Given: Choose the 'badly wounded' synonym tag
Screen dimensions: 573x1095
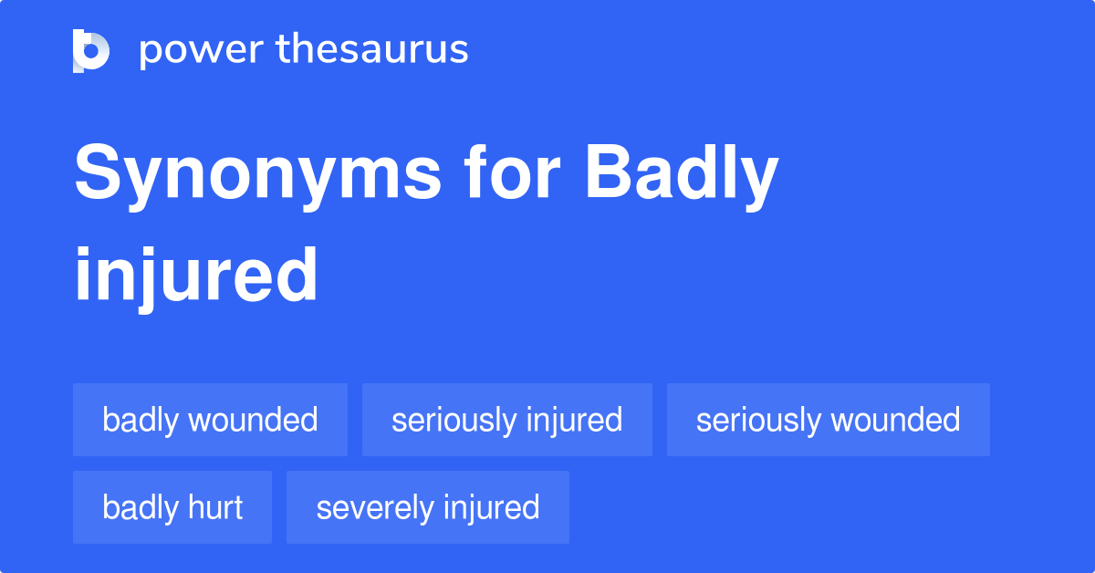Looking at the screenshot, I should click(210, 420).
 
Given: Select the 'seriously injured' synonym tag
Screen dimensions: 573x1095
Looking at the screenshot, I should click(506, 420).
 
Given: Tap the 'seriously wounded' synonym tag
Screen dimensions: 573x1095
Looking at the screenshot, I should click(828, 420).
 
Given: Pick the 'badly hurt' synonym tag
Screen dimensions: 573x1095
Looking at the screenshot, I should click(172, 507).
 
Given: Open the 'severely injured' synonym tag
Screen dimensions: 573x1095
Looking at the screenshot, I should click(427, 507).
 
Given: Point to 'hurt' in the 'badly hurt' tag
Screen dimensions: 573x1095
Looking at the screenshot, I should click(216, 507).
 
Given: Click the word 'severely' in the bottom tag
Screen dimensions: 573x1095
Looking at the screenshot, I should click(370, 507).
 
